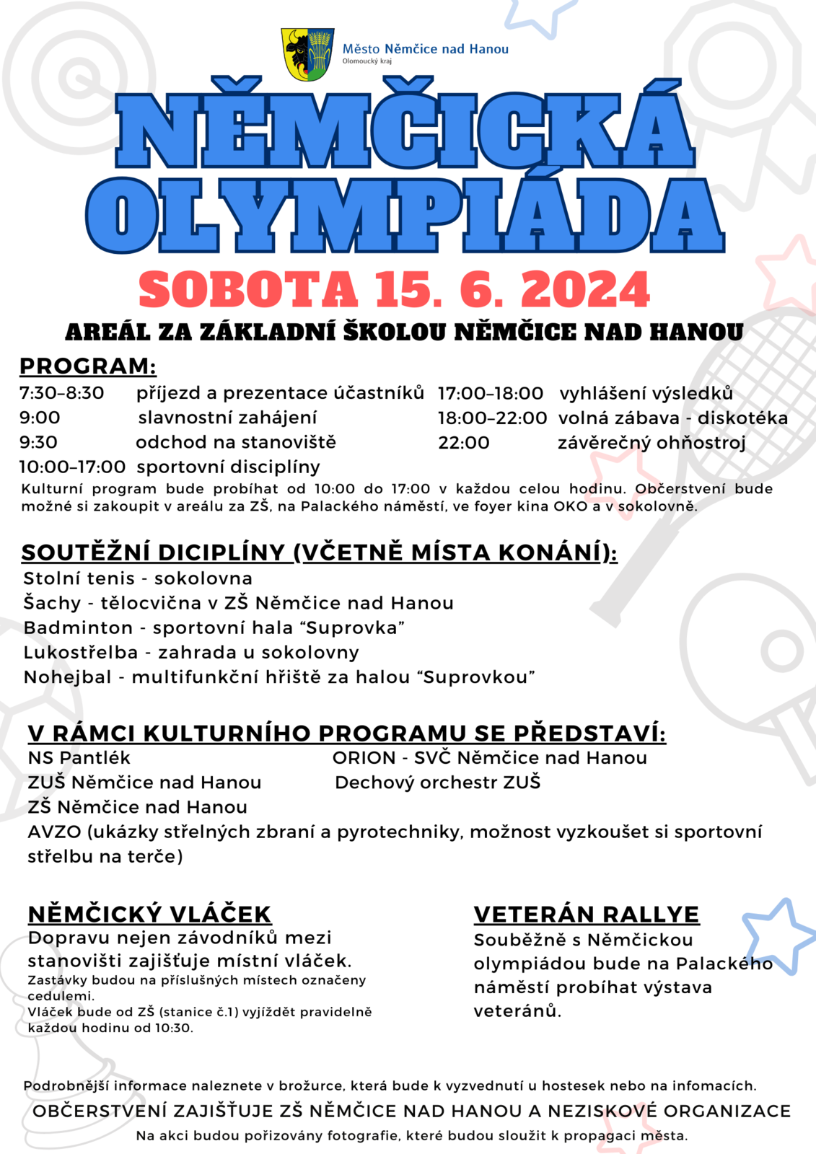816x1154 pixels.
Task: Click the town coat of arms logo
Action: tap(307, 54)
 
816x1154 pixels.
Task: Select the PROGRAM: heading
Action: tap(88, 366)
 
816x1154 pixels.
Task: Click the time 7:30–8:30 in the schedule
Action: tap(62, 393)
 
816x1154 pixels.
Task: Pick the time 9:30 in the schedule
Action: tap(38, 442)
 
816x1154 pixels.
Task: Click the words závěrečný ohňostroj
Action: tap(652, 443)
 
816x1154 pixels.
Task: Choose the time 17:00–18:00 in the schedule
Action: tap(491, 393)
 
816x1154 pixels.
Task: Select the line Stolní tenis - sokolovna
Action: tap(138, 578)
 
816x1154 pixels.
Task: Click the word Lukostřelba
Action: tap(81, 653)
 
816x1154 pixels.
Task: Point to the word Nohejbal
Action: tap(68, 677)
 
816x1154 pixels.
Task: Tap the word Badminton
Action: tap(78, 628)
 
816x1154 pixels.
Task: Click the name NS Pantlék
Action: tap(79, 758)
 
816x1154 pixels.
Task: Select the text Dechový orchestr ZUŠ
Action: tap(438, 783)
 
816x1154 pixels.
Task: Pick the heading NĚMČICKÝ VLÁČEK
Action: tap(149, 914)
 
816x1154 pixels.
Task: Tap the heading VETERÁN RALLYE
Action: tap(587, 915)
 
